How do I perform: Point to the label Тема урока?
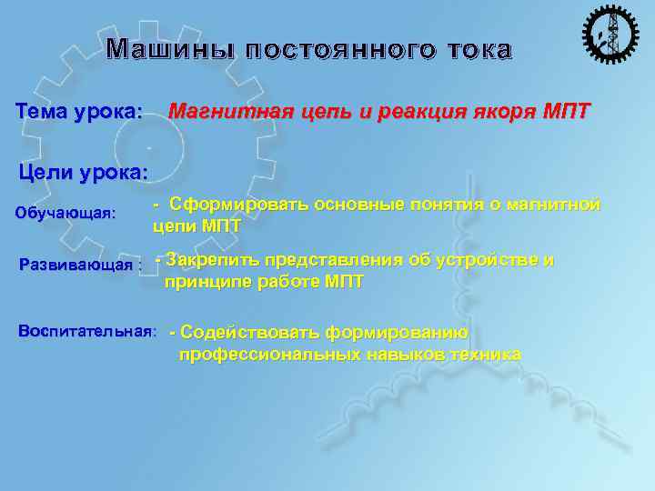click(x=80, y=113)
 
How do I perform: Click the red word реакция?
click(x=419, y=113)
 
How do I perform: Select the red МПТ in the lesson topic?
click(x=566, y=113)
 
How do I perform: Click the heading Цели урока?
click(x=83, y=172)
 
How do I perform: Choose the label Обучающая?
click(x=66, y=214)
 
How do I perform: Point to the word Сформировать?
click(x=235, y=205)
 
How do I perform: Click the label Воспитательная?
click(x=87, y=330)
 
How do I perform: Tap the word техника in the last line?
click(x=485, y=354)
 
